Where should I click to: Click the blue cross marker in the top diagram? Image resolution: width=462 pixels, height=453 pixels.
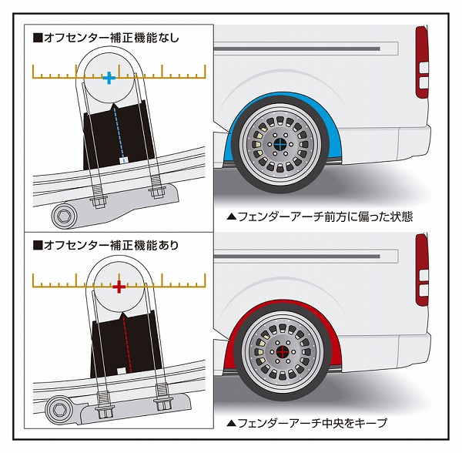coord(109,77)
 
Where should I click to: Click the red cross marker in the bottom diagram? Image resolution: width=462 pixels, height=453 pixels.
coord(119,287)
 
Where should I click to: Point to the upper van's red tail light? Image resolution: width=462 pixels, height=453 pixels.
coord(421,62)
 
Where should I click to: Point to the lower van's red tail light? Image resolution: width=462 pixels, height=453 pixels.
coord(421,270)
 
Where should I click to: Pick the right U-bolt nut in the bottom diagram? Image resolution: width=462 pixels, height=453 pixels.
coord(163,401)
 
